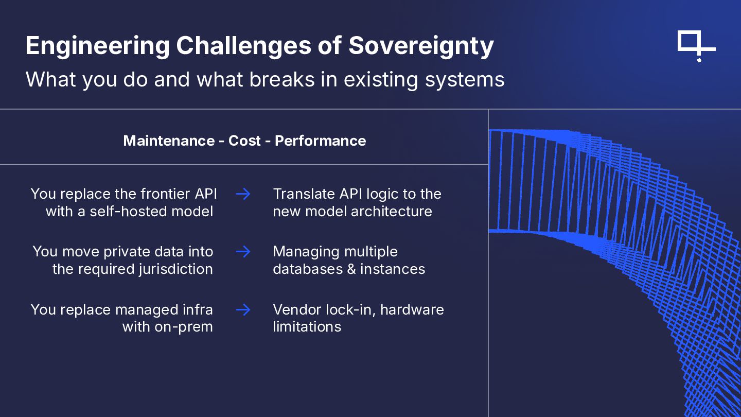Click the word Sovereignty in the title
pyautogui.click(x=421, y=46)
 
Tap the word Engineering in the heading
pyautogui.click(x=97, y=46)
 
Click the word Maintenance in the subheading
pyautogui.click(x=169, y=141)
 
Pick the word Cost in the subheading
pyautogui.click(x=244, y=141)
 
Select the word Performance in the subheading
pyautogui.click(x=320, y=141)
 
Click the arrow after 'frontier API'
pyautogui.click(x=243, y=194)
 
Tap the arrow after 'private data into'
pyautogui.click(x=243, y=252)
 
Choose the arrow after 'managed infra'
pyautogui.click(x=243, y=309)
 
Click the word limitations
pyautogui.click(x=307, y=327)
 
